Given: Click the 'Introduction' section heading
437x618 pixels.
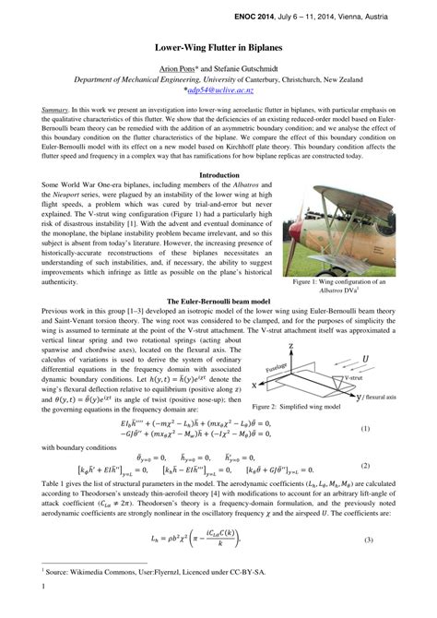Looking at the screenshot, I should pos(218,174).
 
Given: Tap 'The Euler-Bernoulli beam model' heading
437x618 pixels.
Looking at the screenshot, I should pos(218,302).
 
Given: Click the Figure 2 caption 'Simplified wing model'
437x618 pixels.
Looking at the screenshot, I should pos(316,406).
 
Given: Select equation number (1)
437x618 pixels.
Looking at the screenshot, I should pos(390,429).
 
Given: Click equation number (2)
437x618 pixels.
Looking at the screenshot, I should pos(390,466).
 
